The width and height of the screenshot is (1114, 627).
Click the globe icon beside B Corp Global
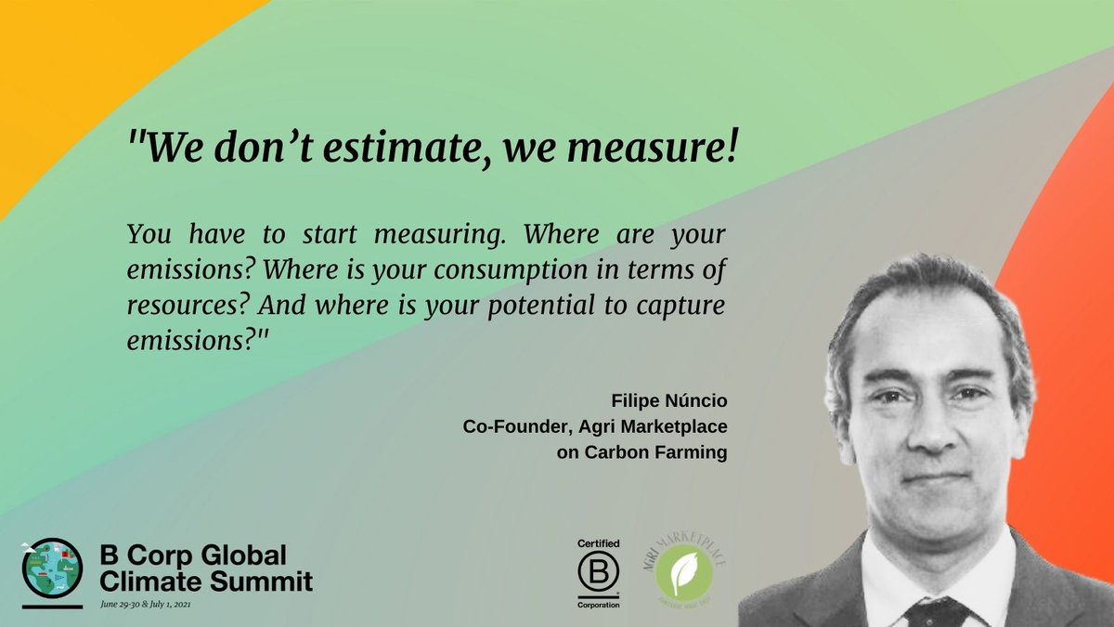pyautogui.click(x=46, y=568)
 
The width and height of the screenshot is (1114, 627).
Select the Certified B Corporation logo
pyautogui.click(x=598, y=571)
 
